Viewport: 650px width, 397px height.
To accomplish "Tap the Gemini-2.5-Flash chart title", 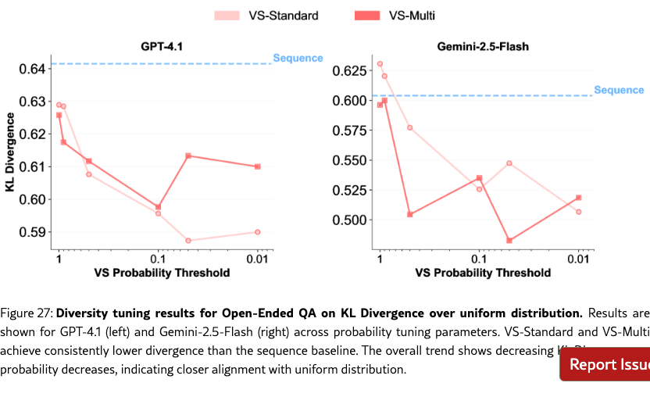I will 483,47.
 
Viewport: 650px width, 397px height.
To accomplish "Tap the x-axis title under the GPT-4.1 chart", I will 162,273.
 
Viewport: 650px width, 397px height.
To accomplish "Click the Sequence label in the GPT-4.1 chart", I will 298,58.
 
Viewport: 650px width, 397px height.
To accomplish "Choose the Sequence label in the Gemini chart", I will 619,90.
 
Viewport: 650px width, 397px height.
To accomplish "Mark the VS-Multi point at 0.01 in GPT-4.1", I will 258,166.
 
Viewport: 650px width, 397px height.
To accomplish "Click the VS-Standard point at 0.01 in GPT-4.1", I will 258,232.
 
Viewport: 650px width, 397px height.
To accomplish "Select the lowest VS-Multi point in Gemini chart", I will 509,241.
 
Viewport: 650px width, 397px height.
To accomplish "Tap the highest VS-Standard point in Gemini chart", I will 380,64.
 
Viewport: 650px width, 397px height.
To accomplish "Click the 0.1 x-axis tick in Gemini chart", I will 479,259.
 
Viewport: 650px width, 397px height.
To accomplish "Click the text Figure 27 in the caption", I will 26,313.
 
